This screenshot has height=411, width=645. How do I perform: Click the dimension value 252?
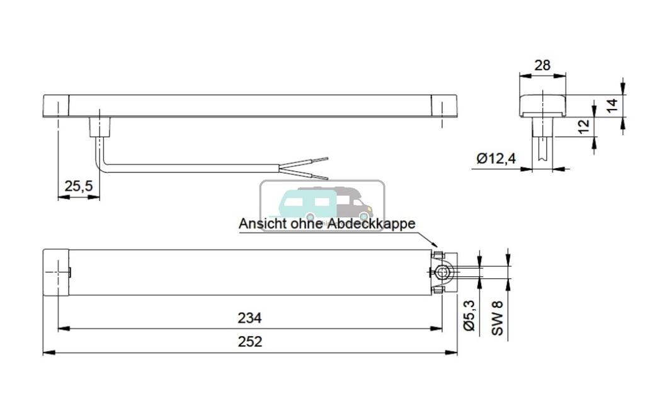(x=249, y=342)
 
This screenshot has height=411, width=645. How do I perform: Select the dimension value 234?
(x=249, y=318)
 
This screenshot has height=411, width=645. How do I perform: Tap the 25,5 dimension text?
(x=79, y=186)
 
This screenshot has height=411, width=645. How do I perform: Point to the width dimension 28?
(x=542, y=65)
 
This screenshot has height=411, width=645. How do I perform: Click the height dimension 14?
(x=611, y=105)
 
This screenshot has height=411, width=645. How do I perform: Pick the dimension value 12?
(x=585, y=126)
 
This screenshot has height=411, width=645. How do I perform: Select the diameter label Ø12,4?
(x=496, y=159)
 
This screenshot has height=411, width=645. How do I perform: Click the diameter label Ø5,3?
(x=469, y=317)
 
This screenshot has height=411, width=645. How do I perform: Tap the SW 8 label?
(x=498, y=318)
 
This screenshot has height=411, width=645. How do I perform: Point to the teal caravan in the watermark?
(x=300, y=203)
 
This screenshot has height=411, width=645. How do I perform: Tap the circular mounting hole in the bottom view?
(x=444, y=272)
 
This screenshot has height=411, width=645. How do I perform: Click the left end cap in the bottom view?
(x=55, y=273)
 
